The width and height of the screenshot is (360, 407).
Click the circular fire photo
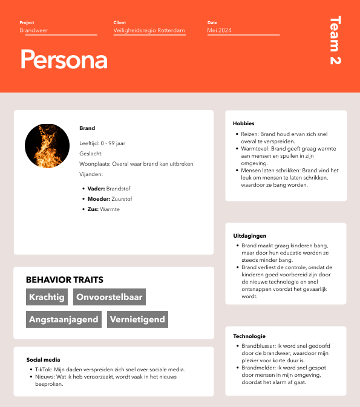click(x=47, y=146)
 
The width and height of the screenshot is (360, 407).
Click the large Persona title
click(x=64, y=60)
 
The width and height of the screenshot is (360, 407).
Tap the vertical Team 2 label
click(x=335, y=41)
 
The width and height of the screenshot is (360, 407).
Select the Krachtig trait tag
click(x=47, y=297)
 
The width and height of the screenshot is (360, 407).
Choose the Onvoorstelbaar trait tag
click(x=109, y=297)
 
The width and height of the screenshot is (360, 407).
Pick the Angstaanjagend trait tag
click(x=64, y=319)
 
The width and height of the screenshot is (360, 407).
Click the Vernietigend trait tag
click(x=137, y=319)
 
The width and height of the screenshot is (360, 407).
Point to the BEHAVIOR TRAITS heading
click(x=64, y=280)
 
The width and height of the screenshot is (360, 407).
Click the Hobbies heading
click(x=244, y=123)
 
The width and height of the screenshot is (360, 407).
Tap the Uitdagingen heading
click(x=249, y=235)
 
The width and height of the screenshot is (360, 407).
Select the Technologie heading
click(x=249, y=336)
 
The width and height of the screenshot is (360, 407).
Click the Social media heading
click(x=43, y=359)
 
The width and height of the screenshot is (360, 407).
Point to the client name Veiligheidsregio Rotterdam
click(x=149, y=30)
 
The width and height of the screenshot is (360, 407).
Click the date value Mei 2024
click(x=219, y=30)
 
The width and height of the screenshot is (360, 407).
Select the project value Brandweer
click(x=33, y=30)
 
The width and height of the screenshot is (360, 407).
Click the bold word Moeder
click(x=98, y=199)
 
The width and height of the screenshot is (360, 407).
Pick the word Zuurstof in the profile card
click(x=123, y=199)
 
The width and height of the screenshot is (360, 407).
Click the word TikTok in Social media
click(x=42, y=370)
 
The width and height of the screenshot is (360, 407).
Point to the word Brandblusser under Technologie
click(x=258, y=347)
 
